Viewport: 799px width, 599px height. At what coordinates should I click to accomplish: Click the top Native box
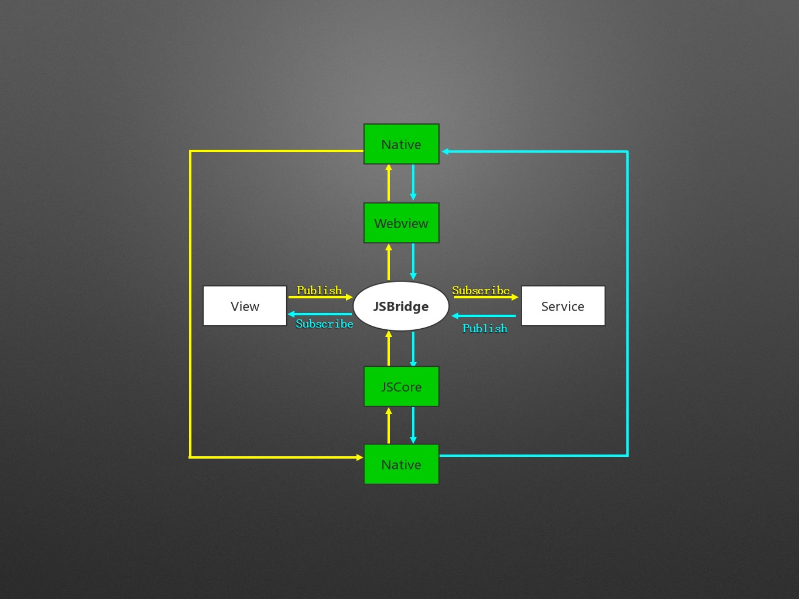[401, 144]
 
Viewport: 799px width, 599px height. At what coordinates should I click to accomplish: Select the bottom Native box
[401, 464]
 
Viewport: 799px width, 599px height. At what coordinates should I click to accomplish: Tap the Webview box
[401, 223]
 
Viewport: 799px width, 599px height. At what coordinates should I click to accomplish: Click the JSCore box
[401, 387]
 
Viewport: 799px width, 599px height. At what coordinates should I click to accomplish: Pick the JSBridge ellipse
[401, 306]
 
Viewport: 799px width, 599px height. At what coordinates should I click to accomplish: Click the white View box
[245, 306]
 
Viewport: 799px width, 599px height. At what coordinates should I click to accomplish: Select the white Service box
[563, 306]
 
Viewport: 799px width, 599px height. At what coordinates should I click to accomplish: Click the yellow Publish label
[319, 290]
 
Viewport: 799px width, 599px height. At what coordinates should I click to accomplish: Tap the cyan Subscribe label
[324, 324]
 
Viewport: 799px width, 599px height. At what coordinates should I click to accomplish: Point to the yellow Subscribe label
[481, 290]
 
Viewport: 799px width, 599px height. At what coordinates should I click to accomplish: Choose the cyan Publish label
[485, 328]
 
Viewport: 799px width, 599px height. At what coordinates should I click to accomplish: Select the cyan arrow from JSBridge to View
[320, 314]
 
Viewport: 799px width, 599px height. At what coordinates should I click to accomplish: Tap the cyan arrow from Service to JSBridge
[483, 316]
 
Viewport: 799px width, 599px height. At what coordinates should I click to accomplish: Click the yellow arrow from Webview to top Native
[389, 183]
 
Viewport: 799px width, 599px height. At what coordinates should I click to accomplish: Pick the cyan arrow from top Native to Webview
[413, 183]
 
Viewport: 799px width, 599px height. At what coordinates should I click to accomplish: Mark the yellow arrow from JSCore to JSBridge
[389, 349]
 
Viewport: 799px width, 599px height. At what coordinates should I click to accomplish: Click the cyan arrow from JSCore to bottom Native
[413, 425]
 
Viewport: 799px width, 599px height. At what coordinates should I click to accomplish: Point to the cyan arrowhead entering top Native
[445, 152]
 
